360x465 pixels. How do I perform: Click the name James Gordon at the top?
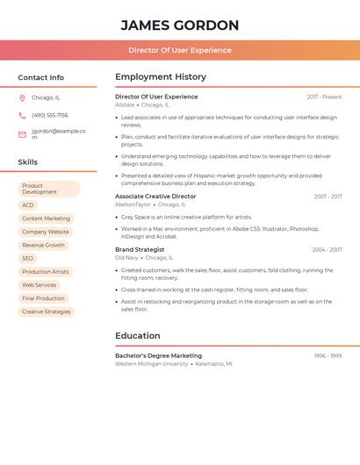click(179, 25)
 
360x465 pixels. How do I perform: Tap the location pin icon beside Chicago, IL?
click(22, 97)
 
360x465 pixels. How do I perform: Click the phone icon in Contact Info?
click(22, 115)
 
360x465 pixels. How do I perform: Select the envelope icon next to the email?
click(22, 134)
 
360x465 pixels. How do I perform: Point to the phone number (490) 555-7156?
click(50, 115)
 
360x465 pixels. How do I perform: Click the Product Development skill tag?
click(48, 189)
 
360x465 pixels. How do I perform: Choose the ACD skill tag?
click(28, 205)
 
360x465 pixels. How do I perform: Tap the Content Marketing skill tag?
click(46, 218)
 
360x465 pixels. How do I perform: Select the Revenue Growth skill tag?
click(43, 245)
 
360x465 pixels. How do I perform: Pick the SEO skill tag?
click(28, 259)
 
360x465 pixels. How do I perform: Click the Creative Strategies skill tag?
click(46, 311)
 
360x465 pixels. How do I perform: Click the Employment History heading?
click(161, 77)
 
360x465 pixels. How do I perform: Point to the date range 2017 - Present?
click(324, 97)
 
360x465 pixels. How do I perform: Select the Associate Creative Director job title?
click(155, 197)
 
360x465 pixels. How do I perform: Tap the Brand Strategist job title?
click(140, 249)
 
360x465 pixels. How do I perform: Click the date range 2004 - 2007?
click(327, 250)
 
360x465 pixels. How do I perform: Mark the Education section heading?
click(138, 336)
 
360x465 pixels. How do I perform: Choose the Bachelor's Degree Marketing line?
click(158, 355)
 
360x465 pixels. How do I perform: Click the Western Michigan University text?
click(151, 363)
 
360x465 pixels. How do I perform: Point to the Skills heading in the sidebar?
click(28, 162)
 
